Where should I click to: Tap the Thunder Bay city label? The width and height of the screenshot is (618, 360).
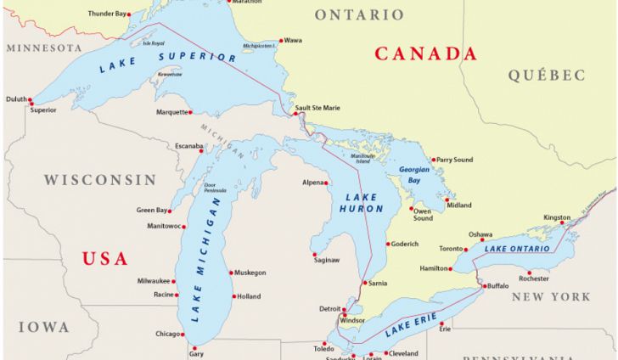107,14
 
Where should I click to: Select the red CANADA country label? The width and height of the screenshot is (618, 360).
425,53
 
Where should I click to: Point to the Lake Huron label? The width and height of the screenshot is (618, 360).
362,203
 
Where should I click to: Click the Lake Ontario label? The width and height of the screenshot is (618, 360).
517,249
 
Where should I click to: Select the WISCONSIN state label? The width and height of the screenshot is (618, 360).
100,180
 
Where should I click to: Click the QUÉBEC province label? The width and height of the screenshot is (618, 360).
547,76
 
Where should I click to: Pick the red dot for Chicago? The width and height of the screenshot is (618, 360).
185,334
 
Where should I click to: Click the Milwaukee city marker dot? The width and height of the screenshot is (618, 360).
176,281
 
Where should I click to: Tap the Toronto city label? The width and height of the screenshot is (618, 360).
451,249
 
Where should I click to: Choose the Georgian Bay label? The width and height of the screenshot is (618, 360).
414,175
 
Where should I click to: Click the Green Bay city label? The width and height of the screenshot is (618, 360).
152,210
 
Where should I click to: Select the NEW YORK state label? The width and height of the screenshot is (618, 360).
551,297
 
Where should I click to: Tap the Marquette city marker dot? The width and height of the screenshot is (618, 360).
190,112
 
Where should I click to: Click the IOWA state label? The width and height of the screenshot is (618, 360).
43,327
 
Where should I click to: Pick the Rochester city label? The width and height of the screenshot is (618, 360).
534,278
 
